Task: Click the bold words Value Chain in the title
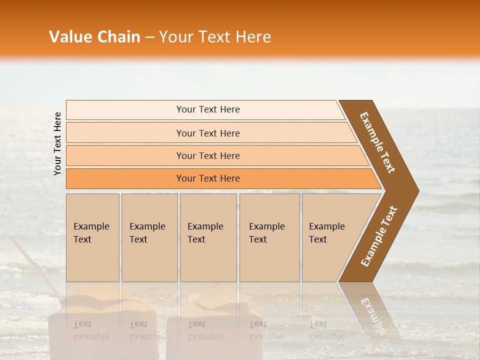pos(94,37)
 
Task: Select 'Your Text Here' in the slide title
pos(215,37)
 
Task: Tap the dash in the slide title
pos(149,37)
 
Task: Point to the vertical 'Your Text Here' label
pos(57,143)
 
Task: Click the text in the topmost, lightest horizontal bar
pos(208,109)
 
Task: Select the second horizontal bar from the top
pos(208,133)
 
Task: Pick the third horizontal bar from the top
pos(208,155)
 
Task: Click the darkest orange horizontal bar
pos(208,178)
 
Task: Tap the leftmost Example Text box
pos(92,237)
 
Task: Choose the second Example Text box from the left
pos(149,237)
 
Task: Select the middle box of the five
pos(208,237)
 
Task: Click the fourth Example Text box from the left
pos(269,237)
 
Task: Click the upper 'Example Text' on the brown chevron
pos(377,142)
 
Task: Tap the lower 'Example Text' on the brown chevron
pos(379,236)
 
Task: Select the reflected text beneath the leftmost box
pos(91,330)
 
